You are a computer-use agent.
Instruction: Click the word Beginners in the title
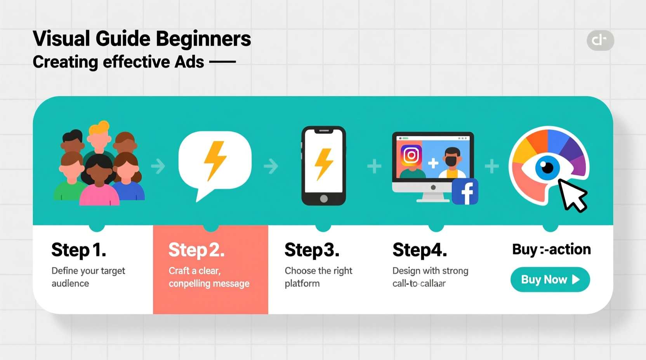point(203,39)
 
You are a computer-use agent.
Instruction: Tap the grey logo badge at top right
point(600,40)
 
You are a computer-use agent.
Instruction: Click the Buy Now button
point(550,279)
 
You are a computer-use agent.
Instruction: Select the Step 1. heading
point(78,250)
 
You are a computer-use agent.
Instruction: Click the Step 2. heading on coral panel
point(196,250)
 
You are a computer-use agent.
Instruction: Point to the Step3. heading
point(312,250)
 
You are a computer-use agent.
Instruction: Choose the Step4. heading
point(419,250)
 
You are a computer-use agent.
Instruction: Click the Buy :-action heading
point(551,249)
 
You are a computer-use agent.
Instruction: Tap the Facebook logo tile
point(465,192)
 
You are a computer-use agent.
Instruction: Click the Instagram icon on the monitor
point(411,156)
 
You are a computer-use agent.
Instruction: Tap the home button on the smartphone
point(324,199)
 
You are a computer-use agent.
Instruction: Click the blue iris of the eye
point(547,168)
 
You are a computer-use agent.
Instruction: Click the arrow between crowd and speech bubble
point(158,166)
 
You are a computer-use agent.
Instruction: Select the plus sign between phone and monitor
point(374,166)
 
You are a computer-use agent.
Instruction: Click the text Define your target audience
point(88,277)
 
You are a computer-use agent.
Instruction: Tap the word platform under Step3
point(302,284)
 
